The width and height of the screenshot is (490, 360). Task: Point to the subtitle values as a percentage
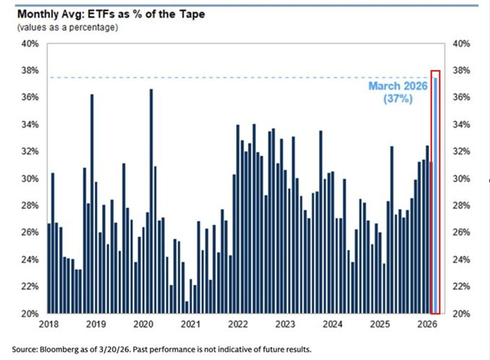tap(67, 27)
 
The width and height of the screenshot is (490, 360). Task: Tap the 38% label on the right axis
tap(462, 70)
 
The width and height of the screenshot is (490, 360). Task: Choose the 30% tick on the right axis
tap(462, 178)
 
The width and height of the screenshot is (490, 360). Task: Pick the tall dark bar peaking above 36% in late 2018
tap(92, 203)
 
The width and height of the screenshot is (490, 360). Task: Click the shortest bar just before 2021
tap(187, 307)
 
